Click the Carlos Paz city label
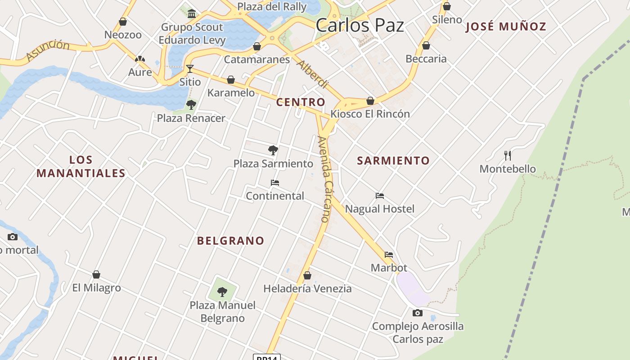click(x=360, y=25)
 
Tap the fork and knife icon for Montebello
click(x=508, y=156)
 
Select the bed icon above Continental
click(x=275, y=183)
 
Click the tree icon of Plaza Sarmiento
click(x=273, y=150)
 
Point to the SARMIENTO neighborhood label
click(x=393, y=161)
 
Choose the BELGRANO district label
click(x=230, y=241)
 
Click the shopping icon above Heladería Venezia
click(x=307, y=275)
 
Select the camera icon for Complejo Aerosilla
click(x=418, y=313)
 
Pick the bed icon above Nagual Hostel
click(x=380, y=196)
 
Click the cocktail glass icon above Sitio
click(x=190, y=69)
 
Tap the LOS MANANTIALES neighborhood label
click(x=81, y=166)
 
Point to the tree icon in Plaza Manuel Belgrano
click(x=222, y=292)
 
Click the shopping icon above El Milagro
click(x=96, y=274)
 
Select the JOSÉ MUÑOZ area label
click(x=506, y=27)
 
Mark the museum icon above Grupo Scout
click(x=192, y=13)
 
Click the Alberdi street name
click(x=312, y=74)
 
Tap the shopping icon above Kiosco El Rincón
click(x=370, y=101)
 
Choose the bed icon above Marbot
click(x=389, y=255)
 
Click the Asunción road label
click(x=48, y=49)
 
